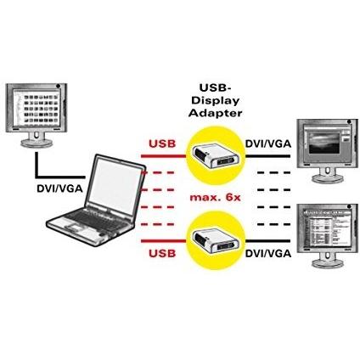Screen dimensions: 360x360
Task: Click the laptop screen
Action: coord(115,183)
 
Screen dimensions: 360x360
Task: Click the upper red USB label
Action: coord(162,143)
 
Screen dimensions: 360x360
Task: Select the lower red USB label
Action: coord(162,253)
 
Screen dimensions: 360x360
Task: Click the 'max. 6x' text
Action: coord(215,197)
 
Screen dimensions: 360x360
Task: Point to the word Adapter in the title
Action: coord(216,113)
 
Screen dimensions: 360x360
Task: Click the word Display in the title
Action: coord(216,100)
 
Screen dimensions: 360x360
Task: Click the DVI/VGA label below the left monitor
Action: coord(59,188)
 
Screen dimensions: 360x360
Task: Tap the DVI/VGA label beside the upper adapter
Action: coord(268,143)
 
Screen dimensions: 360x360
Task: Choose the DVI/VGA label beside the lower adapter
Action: coord(268,253)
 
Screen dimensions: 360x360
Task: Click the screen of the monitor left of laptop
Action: coord(37,107)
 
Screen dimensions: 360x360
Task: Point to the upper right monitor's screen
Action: coord(326,143)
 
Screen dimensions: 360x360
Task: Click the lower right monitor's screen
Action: coord(326,228)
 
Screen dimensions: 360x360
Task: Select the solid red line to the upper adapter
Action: coord(163,155)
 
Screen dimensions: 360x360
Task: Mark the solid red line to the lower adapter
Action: coord(163,241)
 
